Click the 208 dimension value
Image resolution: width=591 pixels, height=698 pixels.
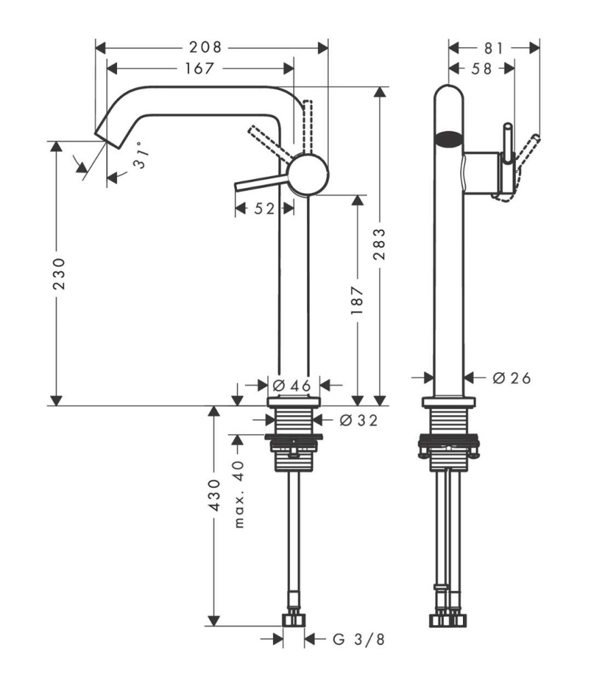pyautogui.click(x=206, y=47)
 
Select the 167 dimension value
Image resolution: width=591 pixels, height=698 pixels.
pyautogui.click(x=199, y=68)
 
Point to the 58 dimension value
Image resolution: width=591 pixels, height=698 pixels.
pyautogui.click(x=481, y=69)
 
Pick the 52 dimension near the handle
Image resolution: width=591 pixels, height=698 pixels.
pyautogui.click(x=265, y=209)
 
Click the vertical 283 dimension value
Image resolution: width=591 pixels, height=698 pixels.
pyautogui.click(x=379, y=245)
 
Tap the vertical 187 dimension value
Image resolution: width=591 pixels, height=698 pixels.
pyautogui.click(x=357, y=301)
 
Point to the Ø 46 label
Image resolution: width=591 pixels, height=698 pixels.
pyautogui.click(x=292, y=386)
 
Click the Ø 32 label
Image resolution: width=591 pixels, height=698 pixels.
pyautogui.click(x=358, y=420)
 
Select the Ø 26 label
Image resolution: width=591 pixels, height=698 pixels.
pyautogui.click(x=512, y=378)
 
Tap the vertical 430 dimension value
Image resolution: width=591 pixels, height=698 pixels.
pyautogui.click(x=214, y=495)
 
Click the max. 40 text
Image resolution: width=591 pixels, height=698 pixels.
pyautogui.click(x=239, y=494)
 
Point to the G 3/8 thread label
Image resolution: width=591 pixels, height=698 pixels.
pyautogui.click(x=358, y=639)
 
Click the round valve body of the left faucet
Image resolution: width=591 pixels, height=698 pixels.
pyautogui.click(x=308, y=174)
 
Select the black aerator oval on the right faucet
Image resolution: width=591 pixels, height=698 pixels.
pyautogui.click(x=449, y=139)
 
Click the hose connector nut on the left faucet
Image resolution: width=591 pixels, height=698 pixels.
pyautogui.click(x=294, y=620)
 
